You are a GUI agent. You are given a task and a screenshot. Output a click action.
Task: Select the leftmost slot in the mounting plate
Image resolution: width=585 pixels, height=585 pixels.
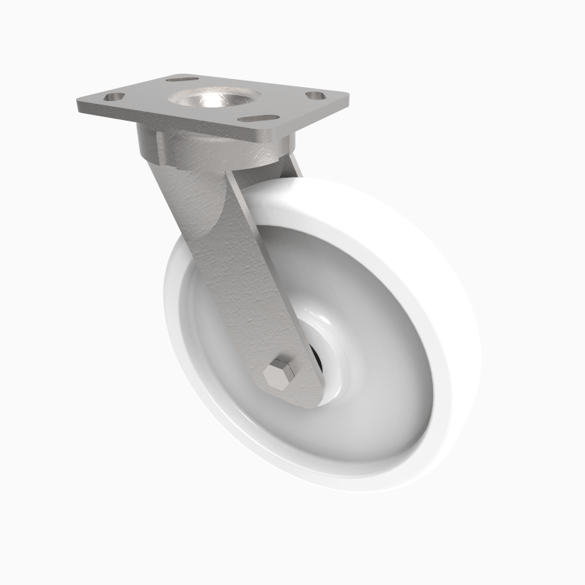[116, 96]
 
